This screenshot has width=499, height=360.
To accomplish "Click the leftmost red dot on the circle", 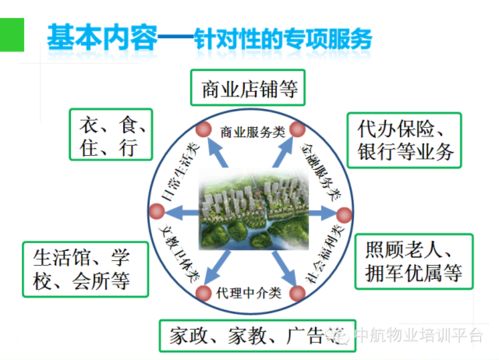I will pyautogui.click(x=155, y=211).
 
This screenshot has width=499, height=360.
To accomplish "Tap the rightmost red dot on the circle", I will pyautogui.click(x=342, y=213).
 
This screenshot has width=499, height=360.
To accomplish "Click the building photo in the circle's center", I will pyautogui.click(x=249, y=210).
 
